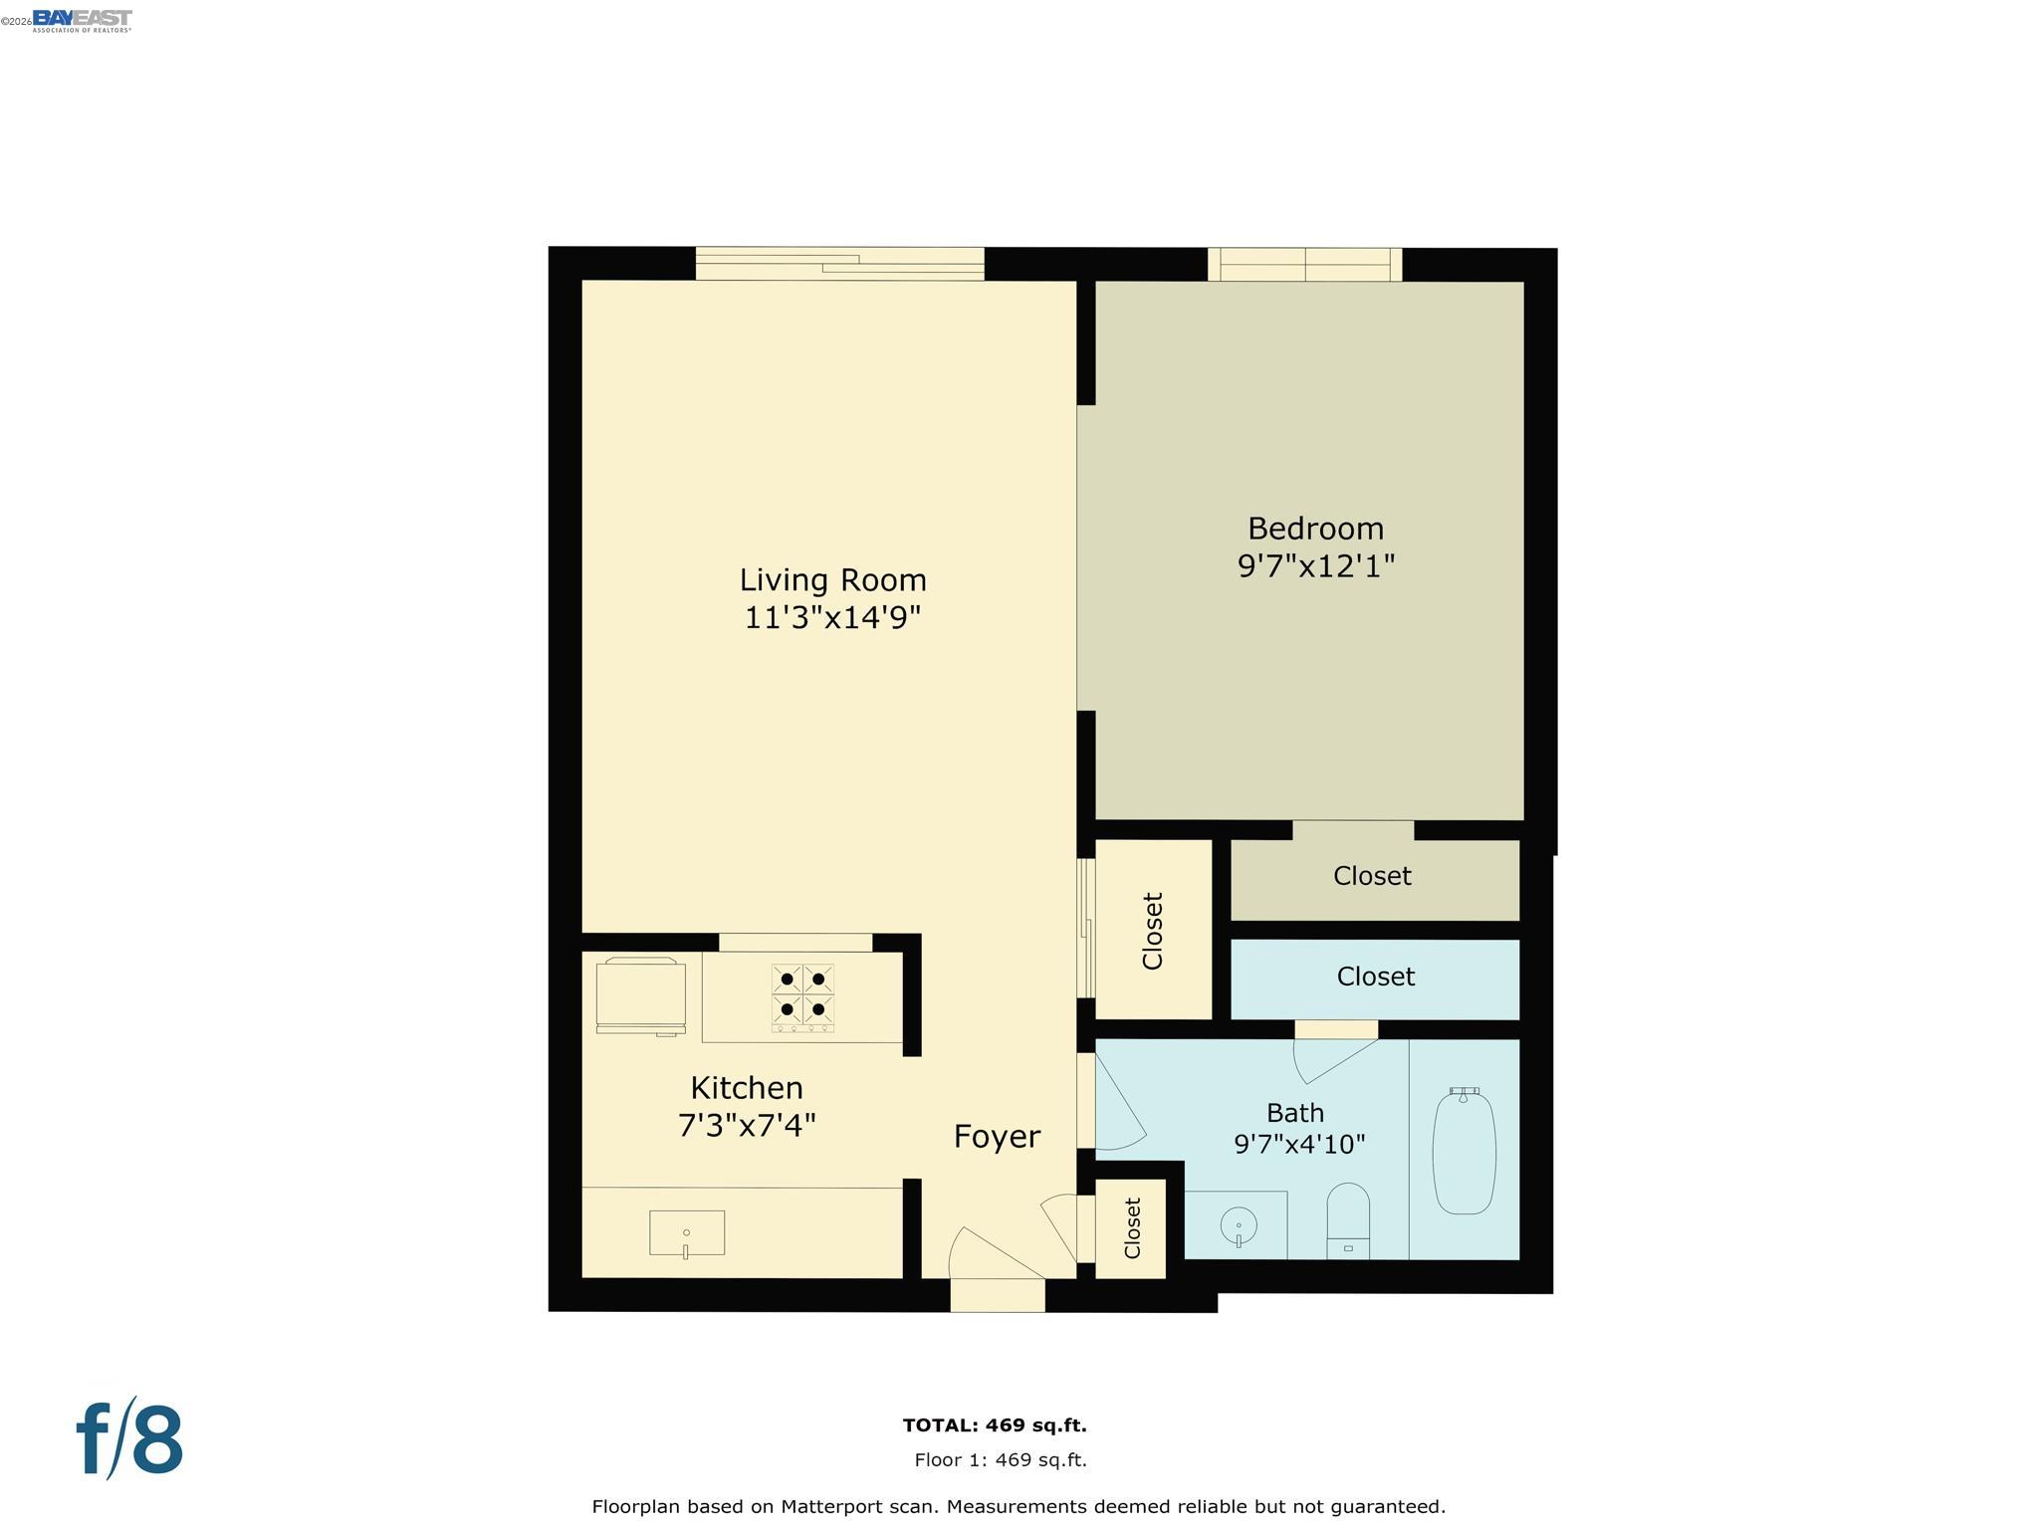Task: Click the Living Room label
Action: [832, 579]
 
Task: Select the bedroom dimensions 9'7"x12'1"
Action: [1315, 566]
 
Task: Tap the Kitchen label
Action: [746, 1087]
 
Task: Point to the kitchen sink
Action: [686, 1233]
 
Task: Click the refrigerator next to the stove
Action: [640, 994]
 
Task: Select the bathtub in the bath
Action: [1464, 1151]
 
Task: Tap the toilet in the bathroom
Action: [1348, 1222]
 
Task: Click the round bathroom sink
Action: [1238, 1226]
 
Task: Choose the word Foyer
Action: [997, 1136]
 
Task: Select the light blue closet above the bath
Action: [1374, 978]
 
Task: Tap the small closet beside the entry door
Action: [1131, 1228]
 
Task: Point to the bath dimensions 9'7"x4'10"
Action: [1299, 1144]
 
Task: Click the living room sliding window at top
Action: [839, 264]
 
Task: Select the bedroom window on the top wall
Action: [1304, 265]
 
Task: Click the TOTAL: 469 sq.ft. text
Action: [994, 1425]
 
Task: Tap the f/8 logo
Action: [130, 1439]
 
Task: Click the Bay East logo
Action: [82, 20]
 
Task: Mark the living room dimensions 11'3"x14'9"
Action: [832, 617]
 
